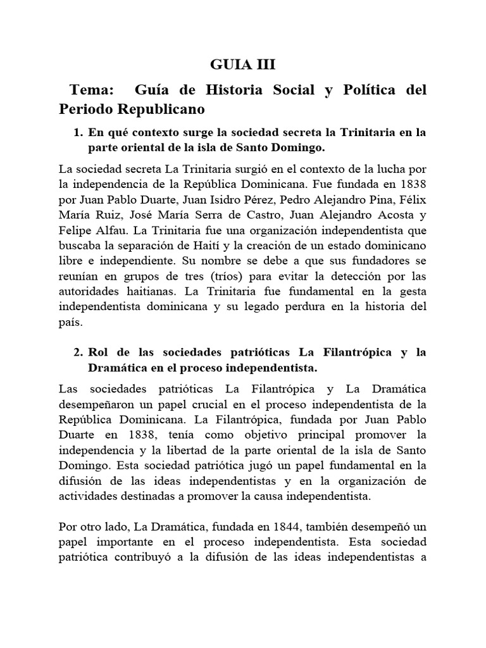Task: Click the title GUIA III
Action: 242,65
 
